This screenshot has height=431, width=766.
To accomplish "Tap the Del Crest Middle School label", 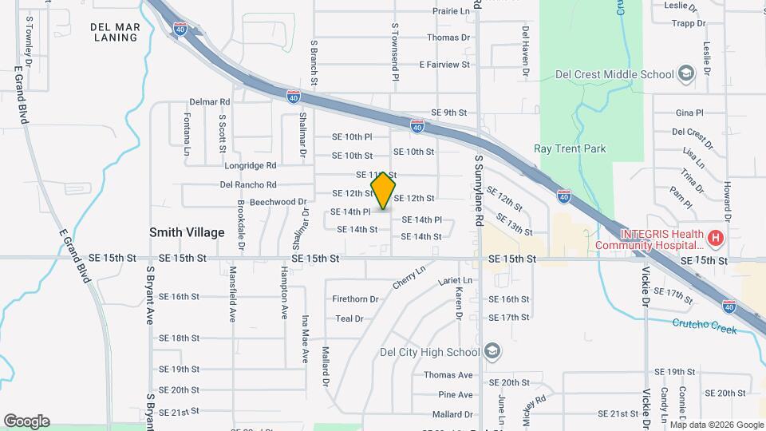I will (x=615, y=75).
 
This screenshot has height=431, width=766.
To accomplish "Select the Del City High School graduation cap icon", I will (x=493, y=352).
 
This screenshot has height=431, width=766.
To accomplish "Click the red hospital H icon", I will (x=716, y=238).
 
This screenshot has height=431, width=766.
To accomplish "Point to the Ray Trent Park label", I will (x=570, y=148).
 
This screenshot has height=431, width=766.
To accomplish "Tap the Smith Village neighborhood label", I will (x=187, y=232).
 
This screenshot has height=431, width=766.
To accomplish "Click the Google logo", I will (x=26, y=421).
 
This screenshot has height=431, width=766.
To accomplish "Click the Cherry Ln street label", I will (x=409, y=279).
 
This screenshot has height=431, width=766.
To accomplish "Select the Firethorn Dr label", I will (x=357, y=299).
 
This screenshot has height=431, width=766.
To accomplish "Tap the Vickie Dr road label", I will (x=646, y=292).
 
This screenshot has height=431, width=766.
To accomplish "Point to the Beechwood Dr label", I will (x=278, y=202).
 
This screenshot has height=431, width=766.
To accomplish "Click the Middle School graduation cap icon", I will (x=685, y=75).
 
